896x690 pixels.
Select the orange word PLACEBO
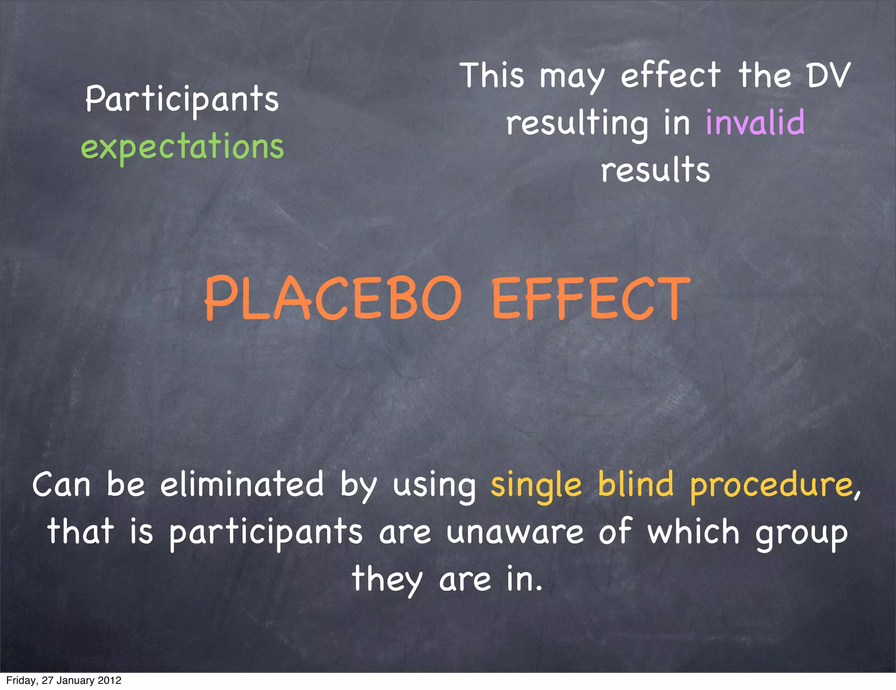point(333,299)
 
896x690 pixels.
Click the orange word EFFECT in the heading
point(591,299)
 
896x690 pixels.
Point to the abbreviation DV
point(829,75)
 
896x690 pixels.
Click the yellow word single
point(536,485)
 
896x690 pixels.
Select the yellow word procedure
point(772,486)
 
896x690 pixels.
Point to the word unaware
point(515,532)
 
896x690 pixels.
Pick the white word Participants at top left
point(182,99)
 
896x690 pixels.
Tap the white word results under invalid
point(655,170)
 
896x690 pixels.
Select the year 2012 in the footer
point(109,680)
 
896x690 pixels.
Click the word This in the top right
point(492,75)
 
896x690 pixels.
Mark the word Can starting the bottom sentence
point(61,485)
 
